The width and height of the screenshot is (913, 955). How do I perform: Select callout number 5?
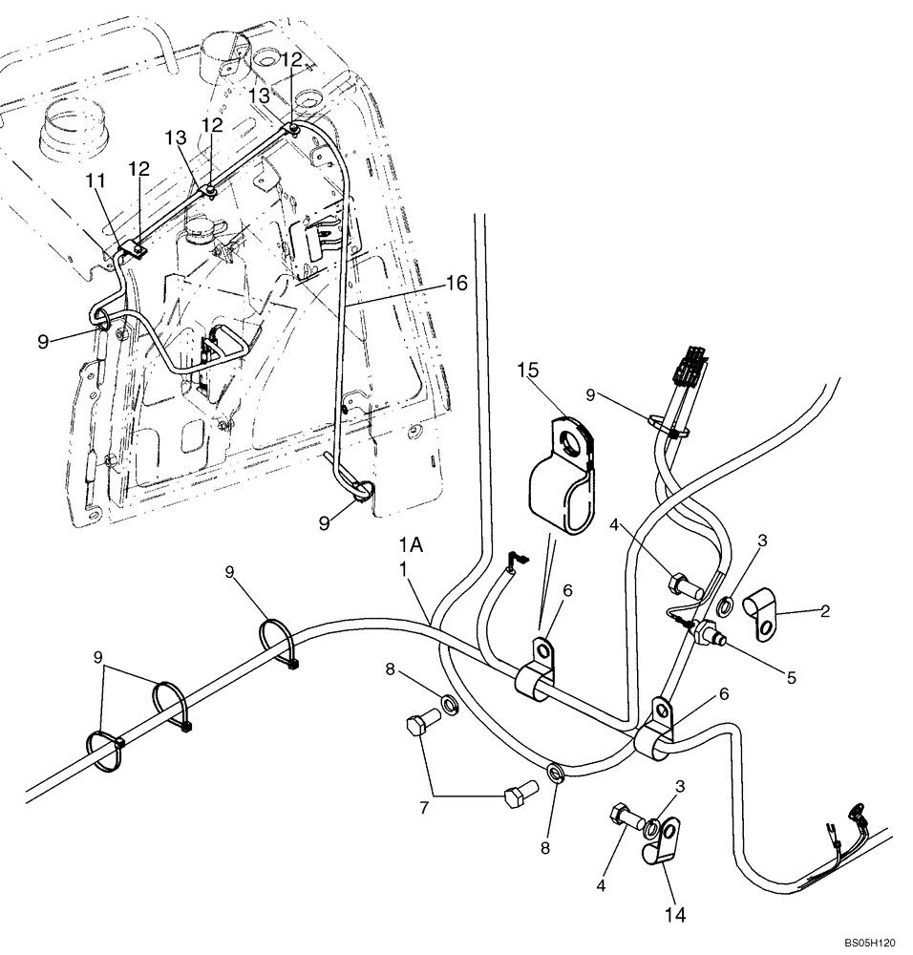click(791, 679)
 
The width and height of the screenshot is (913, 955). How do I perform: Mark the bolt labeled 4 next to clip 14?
click(619, 817)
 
